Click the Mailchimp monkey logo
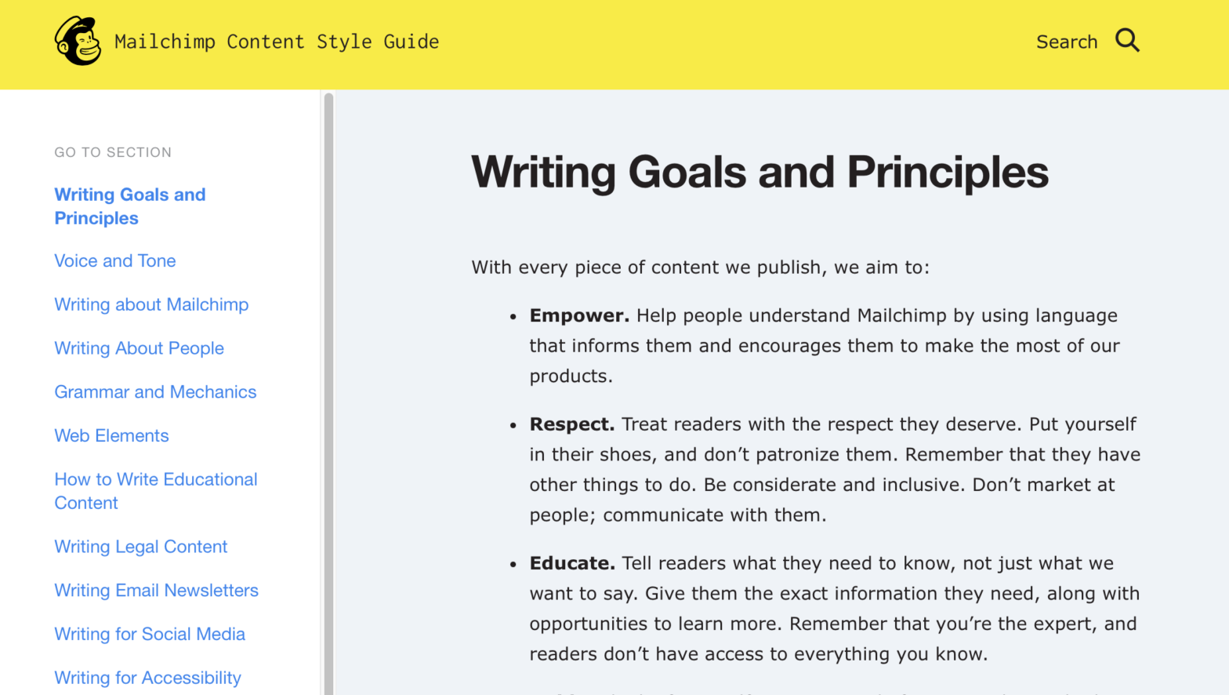(x=78, y=41)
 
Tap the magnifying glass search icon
(x=1127, y=40)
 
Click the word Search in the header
(x=1066, y=42)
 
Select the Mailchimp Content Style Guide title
(x=277, y=42)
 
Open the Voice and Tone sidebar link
(x=115, y=261)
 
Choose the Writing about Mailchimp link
(x=151, y=305)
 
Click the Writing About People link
(x=139, y=348)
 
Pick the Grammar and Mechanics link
(x=155, y=392)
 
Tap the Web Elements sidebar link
(x=111, y=436)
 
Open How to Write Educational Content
(x=155, y=491)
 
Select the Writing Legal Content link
(x=140, y=547)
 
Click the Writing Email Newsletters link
(x=156, y=591)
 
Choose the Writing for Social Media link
(x=150, y=635)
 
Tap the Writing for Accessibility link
(x=147, y=678)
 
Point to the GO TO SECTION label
(x=113, y=153)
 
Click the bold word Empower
(x=579, y=316)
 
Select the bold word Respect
(x=571, y=424)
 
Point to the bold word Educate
(x=572, y=563)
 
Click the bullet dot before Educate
(x=513, y=565)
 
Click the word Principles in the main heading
(x=947, y=173)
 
